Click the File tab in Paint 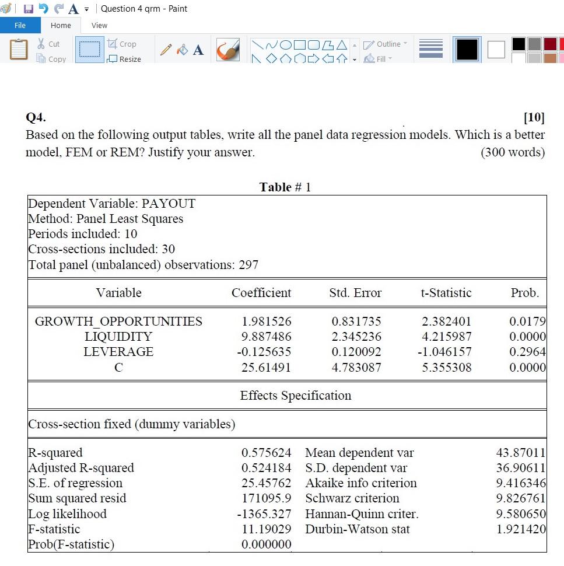[20, 25]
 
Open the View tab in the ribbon [99, 25]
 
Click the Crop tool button [122, 44]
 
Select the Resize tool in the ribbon [124, 59]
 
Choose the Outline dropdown [386, 44]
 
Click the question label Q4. [36, 118]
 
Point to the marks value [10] [534, 118]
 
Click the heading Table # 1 [285, 187]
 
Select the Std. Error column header [355, 293]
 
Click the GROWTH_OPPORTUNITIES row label [118, 322]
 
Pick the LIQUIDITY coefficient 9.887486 [266, 337]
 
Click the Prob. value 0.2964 [527, 352]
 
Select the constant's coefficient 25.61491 [266, 368]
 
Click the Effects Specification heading [296, 396]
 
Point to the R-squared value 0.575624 [266, 453]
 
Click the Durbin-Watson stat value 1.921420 [521, 529]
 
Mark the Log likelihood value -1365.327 [264, 514]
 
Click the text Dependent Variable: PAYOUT [112, 204]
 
